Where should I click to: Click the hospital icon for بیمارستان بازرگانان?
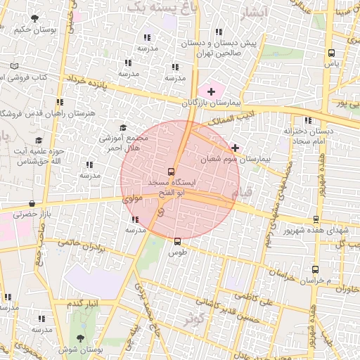pyautogui.click(x=210, y=91)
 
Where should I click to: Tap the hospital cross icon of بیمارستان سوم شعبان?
pyautogui.click(x=235, y=148)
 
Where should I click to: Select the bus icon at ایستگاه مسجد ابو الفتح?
pyautogui.click(x=171, y=171)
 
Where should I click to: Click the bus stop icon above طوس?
pyautogui.click(x=176, y=240)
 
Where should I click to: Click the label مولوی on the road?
pyautogui.click(x=133, y=200)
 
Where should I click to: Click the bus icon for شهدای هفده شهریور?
pyautogui.click(x=316, y=219)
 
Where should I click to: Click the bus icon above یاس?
pyautogui.click(x=331, y=53)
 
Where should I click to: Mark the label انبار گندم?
pyautogui.click(x=80, y=303)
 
